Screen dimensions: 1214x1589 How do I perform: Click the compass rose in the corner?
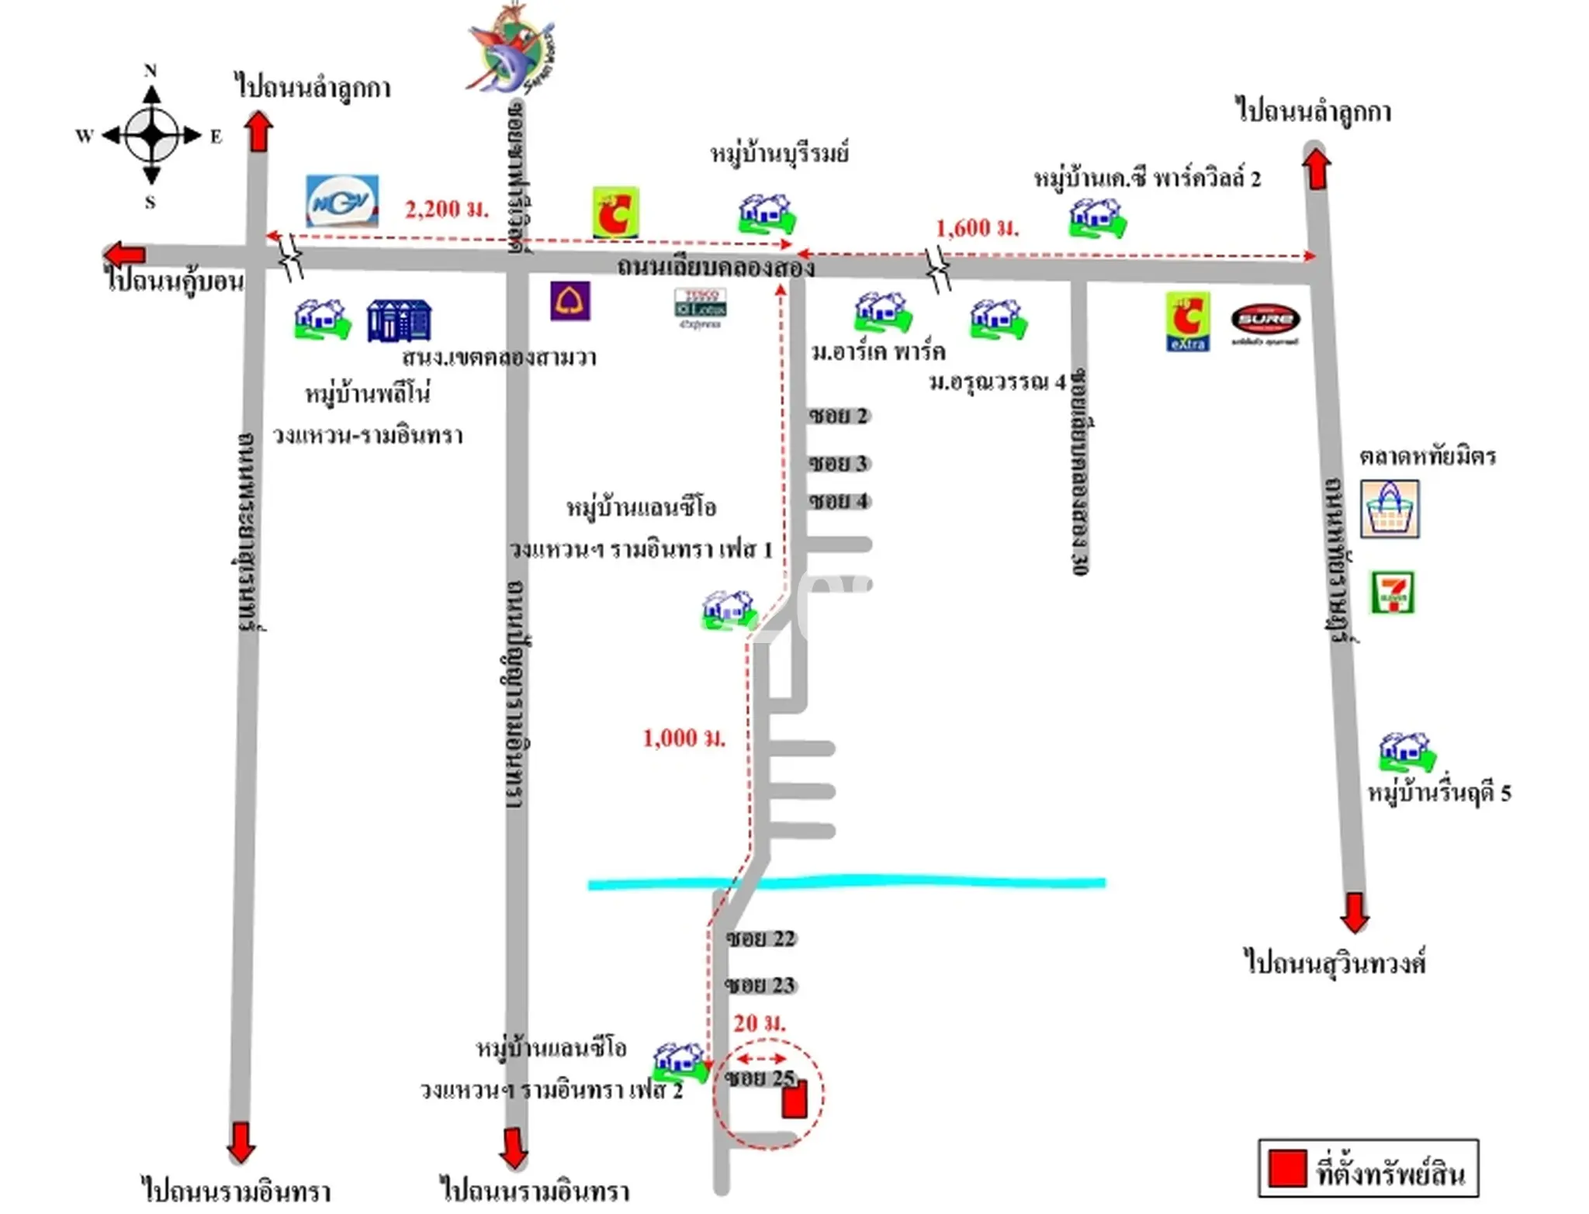(152, 135)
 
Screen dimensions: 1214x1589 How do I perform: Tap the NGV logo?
(342, 201)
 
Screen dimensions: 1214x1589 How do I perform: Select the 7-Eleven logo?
(1393, 593)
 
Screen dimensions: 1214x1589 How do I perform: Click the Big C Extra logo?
(1187, 321)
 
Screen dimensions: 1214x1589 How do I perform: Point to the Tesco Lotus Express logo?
(700, 308)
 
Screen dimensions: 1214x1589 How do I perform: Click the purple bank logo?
(570, 301)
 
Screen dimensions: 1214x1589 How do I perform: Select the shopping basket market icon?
(1390, 509)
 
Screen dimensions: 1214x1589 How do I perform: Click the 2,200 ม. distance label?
(447, 209)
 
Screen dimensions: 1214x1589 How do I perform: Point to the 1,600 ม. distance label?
(977, 228)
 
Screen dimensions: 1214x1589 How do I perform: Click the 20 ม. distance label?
(759, 1023)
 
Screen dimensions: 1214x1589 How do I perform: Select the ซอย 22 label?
(760, 939)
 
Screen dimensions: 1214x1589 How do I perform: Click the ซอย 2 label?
(838, 416)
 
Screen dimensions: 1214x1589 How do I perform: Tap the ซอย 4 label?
(838, 501)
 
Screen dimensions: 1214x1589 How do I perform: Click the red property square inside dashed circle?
(794, 1100)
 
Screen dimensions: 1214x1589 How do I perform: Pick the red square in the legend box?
(1287, 1167)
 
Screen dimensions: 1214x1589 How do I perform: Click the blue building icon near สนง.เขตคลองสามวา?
(399, 320)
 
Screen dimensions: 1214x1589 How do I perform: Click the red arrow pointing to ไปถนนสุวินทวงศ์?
(1354, 912)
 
